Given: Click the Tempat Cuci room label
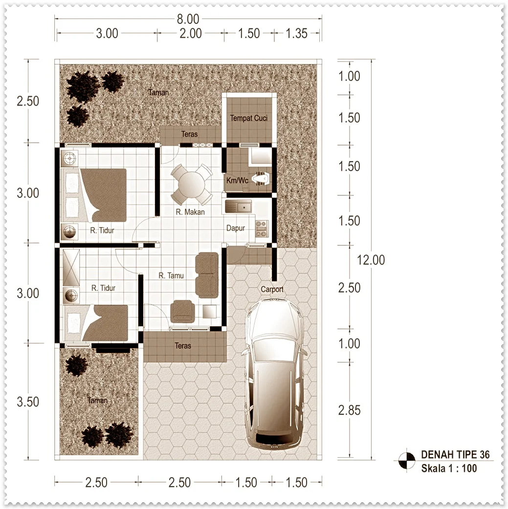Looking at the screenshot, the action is coord(249,118).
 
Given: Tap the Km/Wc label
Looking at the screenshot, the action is coord(237,180).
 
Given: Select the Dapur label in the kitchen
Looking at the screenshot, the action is coord(236,228).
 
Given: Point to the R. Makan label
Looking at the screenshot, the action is coord(190,212).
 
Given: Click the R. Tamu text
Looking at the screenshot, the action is coord(171,276).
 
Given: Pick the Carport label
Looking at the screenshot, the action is coord(272,289).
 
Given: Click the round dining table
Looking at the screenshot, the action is coord(192,184).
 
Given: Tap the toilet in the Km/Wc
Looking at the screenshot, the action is coord(261,179).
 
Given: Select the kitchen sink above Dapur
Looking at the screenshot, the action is coord(238,207).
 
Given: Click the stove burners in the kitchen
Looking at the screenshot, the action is coord(262,229).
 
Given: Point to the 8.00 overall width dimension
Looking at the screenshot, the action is coord(188,19).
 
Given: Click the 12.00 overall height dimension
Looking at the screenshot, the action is coord(371,260).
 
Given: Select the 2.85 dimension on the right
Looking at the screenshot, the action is coord(350,410).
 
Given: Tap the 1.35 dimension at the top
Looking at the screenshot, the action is coord(296,33).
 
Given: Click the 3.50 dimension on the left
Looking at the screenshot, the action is coord(28,402).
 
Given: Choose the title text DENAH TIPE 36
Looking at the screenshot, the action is coord(455,454).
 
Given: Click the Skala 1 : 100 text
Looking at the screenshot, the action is coord(449,468).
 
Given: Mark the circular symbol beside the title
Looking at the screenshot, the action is coord(407,460).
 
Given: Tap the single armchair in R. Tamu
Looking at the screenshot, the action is coord(182,311).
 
